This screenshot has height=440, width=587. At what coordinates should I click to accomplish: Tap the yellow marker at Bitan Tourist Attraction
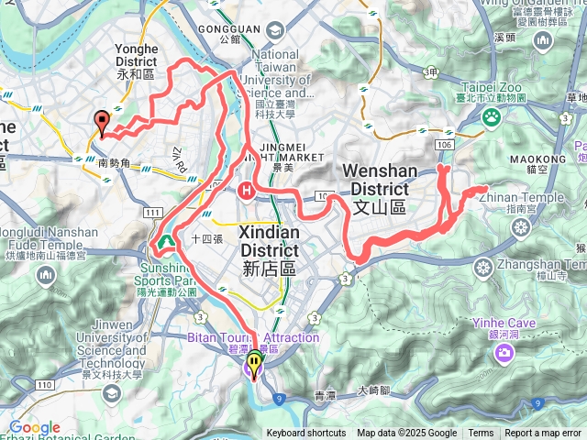(253, 362)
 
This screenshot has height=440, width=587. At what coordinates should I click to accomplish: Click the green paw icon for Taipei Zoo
(492, 116)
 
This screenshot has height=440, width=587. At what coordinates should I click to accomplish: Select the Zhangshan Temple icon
(483, 266)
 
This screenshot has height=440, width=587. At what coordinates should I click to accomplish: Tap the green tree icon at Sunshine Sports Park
(166, 242)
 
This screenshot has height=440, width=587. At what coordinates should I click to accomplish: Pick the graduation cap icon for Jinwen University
(112, 393)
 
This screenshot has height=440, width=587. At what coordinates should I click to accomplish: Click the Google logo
(35, 427)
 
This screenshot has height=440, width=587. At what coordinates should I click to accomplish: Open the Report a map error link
(543, 434)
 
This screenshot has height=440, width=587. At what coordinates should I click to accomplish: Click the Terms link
(481, 434)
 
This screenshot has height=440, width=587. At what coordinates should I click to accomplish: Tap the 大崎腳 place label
(375, 390)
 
